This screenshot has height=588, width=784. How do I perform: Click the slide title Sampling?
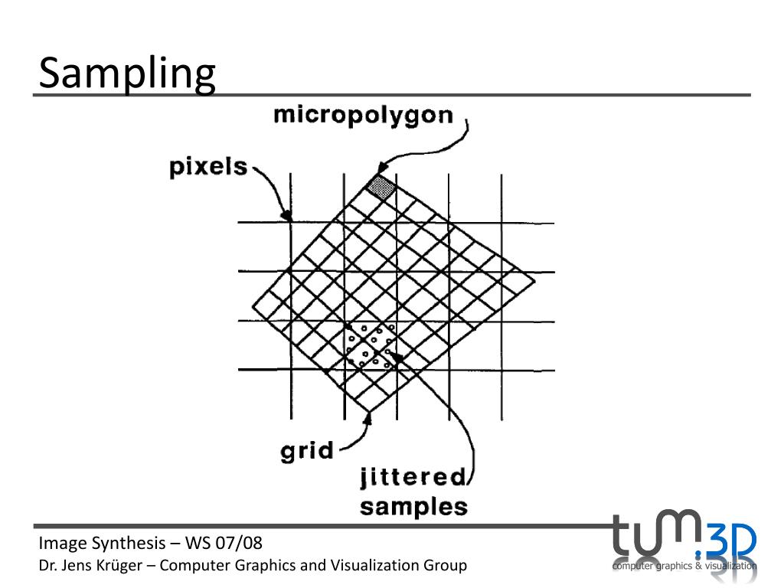click(127, 74)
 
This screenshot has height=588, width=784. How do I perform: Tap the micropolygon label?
click(364, 116)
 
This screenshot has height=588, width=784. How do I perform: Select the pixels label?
click(207, 166)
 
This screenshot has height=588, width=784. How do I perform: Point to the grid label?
click(307, 450)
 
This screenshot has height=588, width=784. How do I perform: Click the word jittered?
click(413, 478)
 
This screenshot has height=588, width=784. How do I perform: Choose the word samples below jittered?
click(413, 506)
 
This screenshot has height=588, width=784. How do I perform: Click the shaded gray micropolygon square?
click(381, 188)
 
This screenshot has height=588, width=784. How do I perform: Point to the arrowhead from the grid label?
click(368, 418)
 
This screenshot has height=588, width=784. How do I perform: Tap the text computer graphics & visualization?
click(684, 567)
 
